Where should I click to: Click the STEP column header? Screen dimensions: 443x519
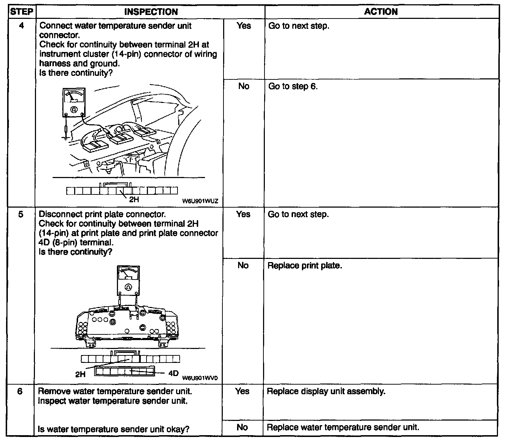[21, 12]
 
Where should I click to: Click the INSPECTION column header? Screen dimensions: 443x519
[151, 12]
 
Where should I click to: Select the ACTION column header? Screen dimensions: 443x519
[381, 12]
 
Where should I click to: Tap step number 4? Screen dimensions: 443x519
[21, 26]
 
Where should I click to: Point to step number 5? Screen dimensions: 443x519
[21, 214]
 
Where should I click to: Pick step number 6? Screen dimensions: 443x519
[20, 391]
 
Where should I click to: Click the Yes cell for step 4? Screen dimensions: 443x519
[244, 26]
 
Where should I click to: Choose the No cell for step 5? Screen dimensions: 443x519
[243, 265]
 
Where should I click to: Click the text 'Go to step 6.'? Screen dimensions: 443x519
[293, 87]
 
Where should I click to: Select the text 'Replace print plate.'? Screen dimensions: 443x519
[304, 266]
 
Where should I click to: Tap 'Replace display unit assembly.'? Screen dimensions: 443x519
[326, 391]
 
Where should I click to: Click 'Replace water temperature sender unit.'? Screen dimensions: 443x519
[343, 427]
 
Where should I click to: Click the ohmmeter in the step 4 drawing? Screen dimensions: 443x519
[74, 103]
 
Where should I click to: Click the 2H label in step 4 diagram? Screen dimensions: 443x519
[134, 199]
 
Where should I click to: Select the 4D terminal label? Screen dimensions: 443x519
[173, 373]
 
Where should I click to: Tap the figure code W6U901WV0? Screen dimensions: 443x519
[200, 378]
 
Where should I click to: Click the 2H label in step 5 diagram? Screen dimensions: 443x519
[81, 374]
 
